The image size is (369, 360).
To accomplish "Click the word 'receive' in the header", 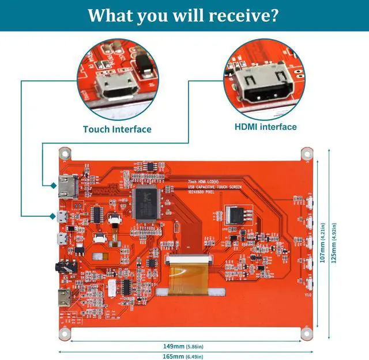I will (237, 16).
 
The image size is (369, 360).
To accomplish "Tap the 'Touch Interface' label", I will (117, 130).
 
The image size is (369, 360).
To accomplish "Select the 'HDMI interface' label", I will (266, 127).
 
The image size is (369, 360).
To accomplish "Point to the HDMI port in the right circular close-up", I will (268, 86).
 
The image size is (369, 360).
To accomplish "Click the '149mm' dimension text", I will (174, 346).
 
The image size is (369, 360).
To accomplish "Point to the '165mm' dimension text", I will (174, 356).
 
